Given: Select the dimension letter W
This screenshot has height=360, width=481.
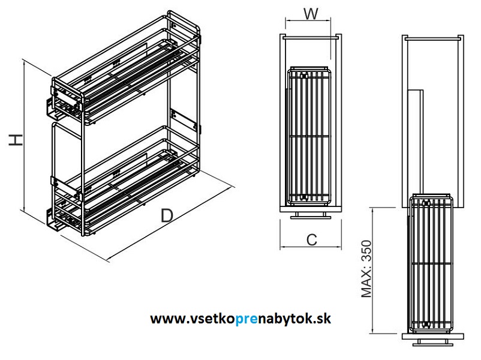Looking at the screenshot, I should point(309,14).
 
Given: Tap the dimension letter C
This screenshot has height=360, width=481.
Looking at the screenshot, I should point(311,239).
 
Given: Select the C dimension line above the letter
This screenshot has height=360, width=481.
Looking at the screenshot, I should point(310,247).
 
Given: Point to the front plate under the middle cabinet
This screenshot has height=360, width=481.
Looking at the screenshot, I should point(310,215).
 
